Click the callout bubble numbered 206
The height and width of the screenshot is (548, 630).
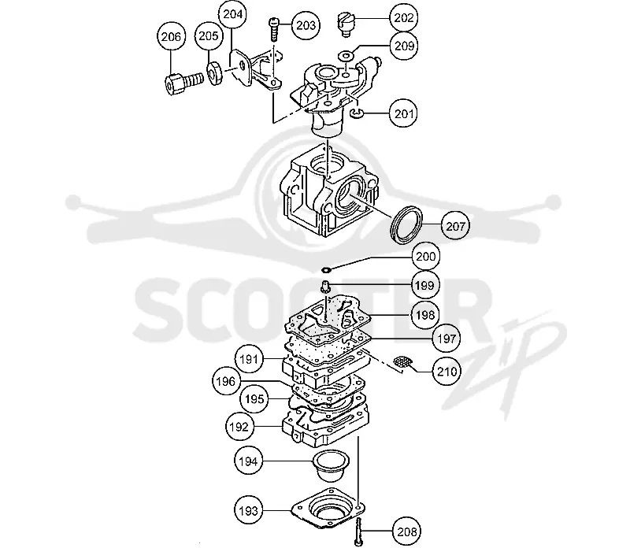(171, 36)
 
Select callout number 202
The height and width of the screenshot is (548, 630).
(404, 17)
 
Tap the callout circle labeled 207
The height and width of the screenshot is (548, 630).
(455, 226)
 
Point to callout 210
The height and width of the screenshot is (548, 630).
(447, 371)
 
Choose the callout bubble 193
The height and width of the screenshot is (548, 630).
(248, 511)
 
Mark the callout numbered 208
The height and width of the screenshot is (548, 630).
(406, 532)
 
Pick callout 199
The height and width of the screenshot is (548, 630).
(424, 285)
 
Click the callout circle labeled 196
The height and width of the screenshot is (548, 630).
(226, 381)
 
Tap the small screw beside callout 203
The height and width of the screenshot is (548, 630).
(273, 29)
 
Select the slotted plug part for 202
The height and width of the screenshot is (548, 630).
(345, 24)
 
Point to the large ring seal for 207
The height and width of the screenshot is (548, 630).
(406, 224)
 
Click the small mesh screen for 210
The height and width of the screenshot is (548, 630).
(402, 362)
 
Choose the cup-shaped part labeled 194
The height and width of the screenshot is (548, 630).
(331, 465)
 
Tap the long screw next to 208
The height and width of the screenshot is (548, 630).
(358, 531)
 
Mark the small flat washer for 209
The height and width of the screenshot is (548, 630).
(346, 54)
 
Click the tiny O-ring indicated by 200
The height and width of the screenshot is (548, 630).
(327, 269)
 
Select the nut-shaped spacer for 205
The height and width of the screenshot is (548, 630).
(215, 72)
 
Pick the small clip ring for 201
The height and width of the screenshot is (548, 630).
(357, 114)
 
